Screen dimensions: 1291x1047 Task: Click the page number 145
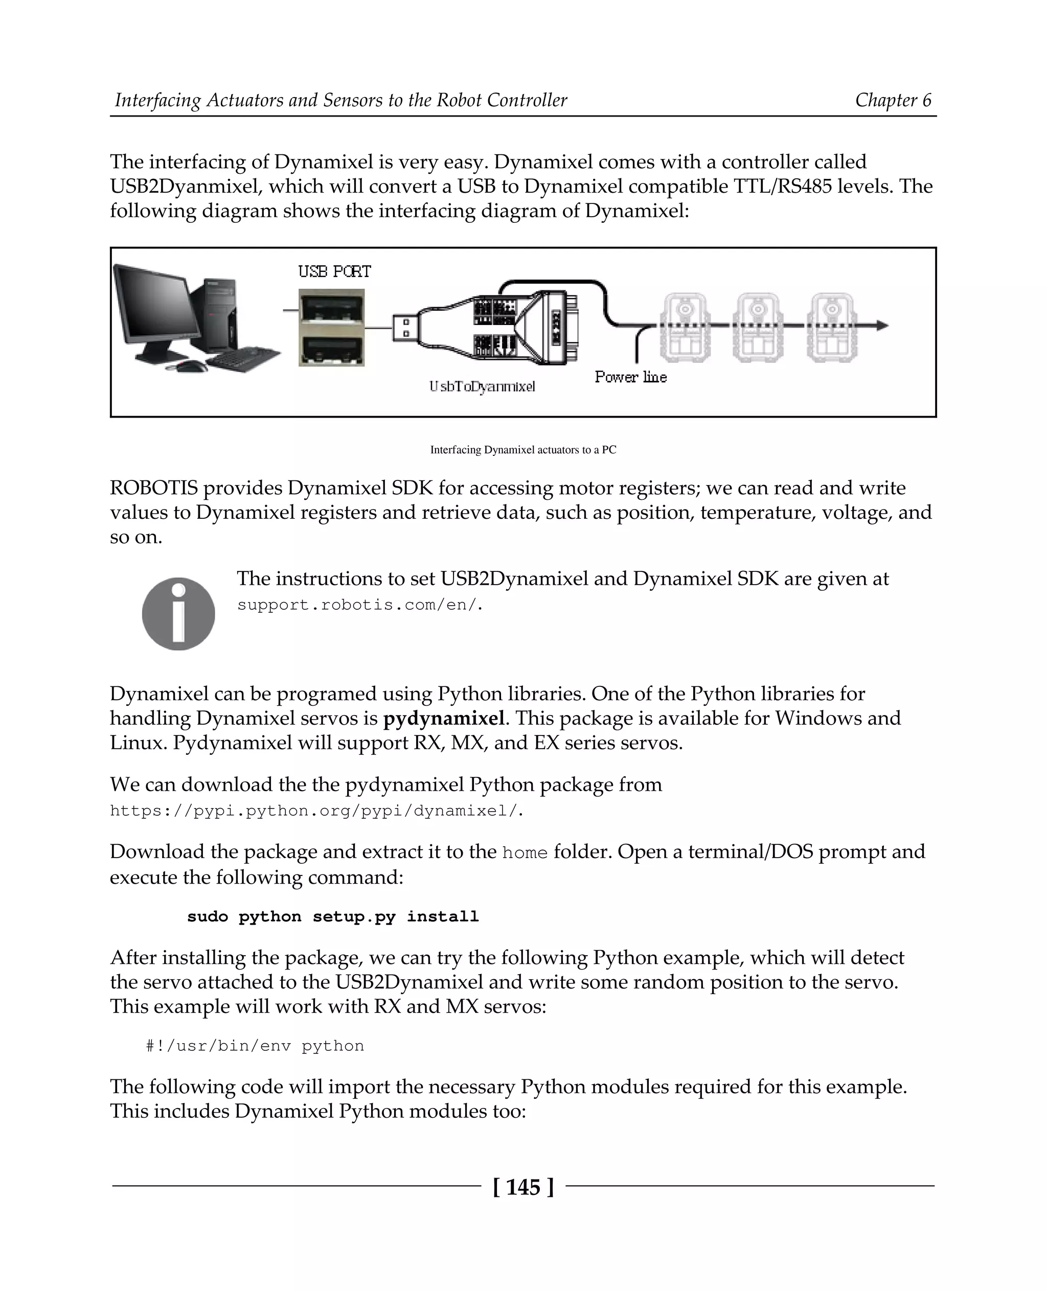[x=523, y=1187]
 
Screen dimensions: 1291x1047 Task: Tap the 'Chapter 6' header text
[x=893, y=100]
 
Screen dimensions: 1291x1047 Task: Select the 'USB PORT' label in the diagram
[x=334, y=272]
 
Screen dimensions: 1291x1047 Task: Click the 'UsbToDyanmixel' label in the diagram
[x=482, y=386]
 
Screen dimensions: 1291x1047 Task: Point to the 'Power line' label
[x=630, y=378]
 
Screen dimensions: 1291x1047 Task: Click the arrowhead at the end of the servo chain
[x=882, y=326]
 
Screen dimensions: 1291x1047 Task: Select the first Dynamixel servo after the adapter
[x=685, y=329]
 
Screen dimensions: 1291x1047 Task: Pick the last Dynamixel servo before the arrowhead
[x=832, y=329]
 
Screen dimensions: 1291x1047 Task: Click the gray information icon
[x=178, y=614]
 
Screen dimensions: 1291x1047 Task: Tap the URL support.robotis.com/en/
[x=360, y=605]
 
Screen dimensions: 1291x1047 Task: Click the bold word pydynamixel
[x=444, y=718]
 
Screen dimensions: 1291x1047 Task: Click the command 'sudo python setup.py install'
[x=332, y=916]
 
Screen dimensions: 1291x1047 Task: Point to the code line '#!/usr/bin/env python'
[x=255, y=1046]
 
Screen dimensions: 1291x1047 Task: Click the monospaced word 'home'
[x=525, y=853]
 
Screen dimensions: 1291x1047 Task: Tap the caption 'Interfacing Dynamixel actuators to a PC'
[x=523, y=450]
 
